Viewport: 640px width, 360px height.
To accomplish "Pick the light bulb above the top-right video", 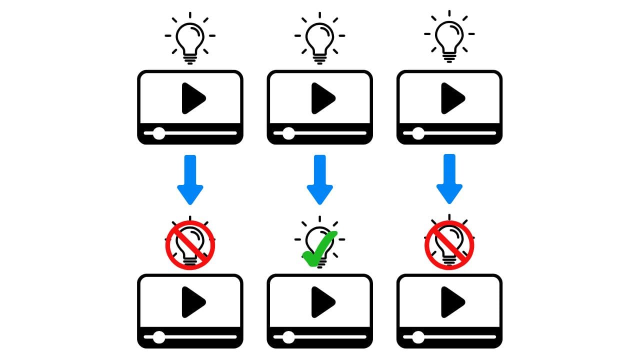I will [449, 37].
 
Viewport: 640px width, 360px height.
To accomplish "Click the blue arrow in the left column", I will [190, 179].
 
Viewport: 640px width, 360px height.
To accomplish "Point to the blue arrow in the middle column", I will [319, 179].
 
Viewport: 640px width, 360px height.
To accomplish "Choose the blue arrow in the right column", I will [449, 179].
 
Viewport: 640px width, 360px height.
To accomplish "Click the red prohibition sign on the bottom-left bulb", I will [190, 245].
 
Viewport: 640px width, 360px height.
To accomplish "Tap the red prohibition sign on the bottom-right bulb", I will [449, 245].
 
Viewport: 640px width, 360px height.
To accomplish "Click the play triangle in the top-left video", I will [192, 98].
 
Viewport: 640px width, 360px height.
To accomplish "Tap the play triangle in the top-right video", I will [451, 98].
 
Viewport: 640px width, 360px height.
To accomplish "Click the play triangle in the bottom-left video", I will [192, 302].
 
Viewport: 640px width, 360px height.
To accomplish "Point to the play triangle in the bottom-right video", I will [451, 302].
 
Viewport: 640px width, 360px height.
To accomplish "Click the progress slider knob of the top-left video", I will [159, 133].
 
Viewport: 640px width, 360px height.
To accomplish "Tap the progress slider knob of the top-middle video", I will [288, 133].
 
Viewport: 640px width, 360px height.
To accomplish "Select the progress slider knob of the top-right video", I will [418, 133].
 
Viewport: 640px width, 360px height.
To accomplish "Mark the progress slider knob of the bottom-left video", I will [159, 337].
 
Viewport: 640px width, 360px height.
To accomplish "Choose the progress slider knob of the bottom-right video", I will [418, 337].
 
